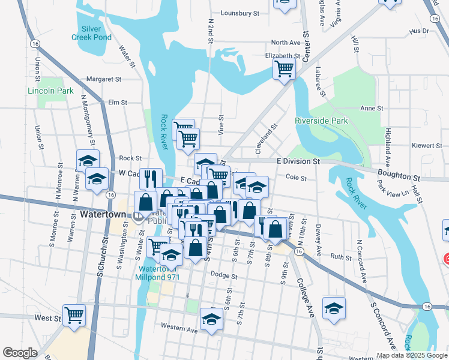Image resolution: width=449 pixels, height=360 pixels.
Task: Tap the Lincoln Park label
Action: [50, 91]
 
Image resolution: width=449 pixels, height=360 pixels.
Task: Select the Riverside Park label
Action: [321, 121]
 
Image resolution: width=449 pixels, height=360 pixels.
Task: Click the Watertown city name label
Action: [103, 214]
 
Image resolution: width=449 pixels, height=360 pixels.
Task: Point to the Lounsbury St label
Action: [240, 13]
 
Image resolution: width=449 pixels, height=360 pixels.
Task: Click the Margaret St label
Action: [104, 79]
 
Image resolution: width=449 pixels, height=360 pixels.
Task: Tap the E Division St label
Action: [299, 161]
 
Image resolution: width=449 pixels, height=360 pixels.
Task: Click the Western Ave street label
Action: [179, 329]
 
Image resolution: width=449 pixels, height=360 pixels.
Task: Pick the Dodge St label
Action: [224, 277]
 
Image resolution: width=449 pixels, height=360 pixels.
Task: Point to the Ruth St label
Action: [340, 257]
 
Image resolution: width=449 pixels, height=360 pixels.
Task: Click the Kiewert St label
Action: [427, 146]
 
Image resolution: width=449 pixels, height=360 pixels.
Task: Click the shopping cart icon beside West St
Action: [74, 314]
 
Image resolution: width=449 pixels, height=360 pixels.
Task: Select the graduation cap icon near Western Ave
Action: [211, 319]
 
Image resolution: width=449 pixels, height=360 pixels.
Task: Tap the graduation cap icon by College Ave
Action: [334, 307]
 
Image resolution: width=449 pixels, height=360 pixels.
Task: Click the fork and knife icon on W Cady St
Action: [151, 178]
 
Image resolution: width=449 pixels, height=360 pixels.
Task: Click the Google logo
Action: [20, 353]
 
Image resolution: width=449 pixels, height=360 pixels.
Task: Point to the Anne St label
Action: [371, 108]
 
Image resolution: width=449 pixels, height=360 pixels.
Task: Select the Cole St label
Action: [296, 178]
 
